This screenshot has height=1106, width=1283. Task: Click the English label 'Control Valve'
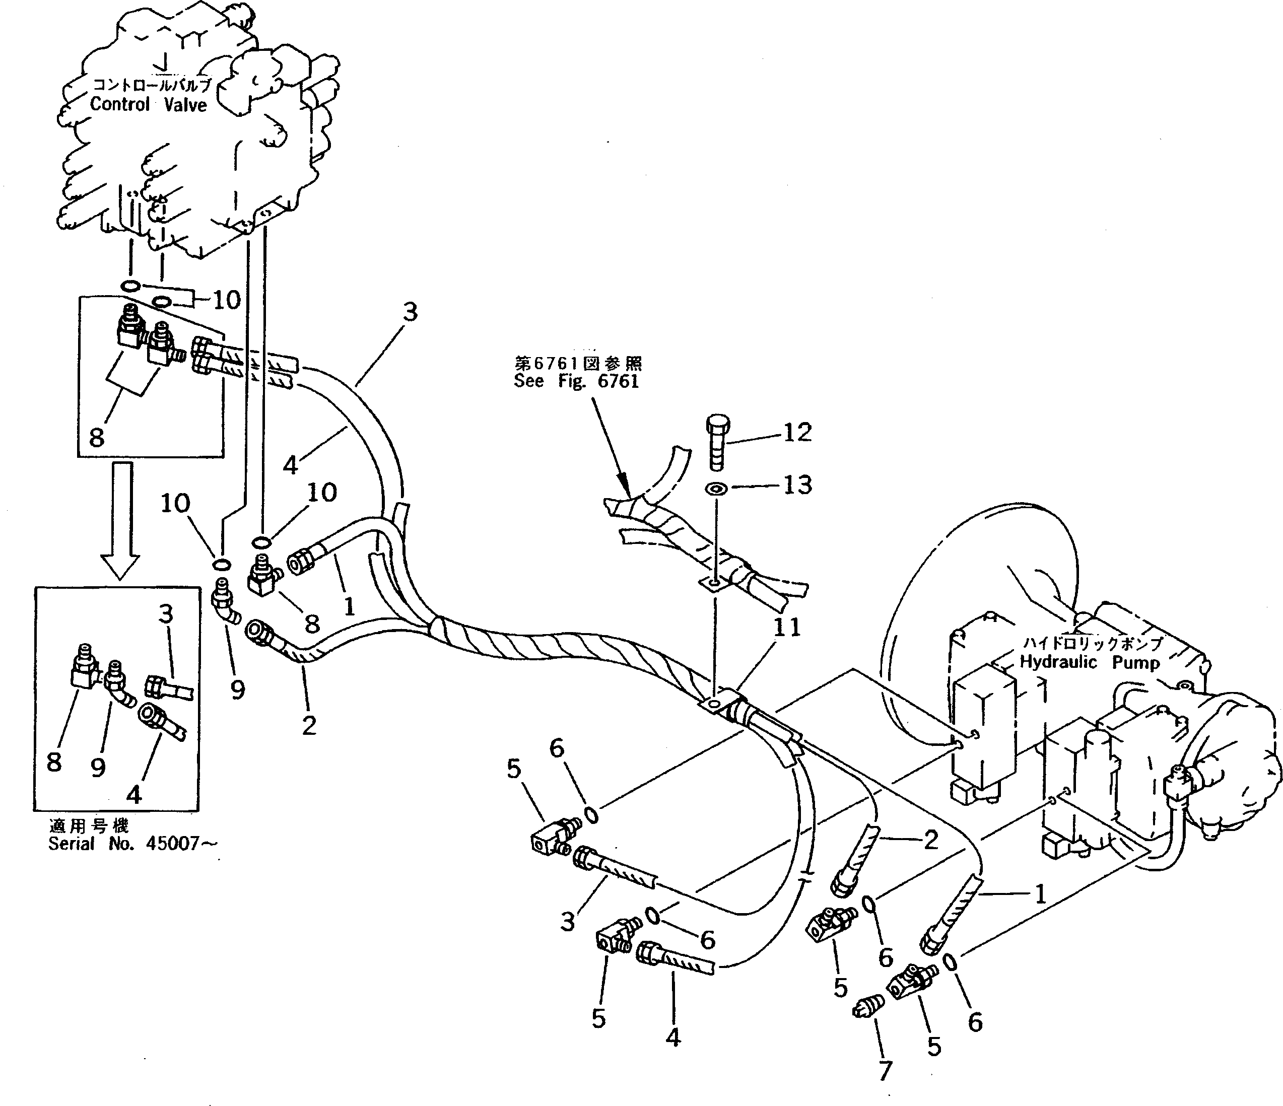click(149, 104)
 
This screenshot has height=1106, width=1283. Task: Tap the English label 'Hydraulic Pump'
click(1089, 663)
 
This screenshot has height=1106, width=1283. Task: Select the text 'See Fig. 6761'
click(576, 381)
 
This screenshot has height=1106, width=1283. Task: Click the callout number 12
click(797, 432)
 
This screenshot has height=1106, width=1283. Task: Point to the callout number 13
click(797, 485)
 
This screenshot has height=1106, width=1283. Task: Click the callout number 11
click(786, 628)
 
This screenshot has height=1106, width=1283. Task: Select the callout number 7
click(885, 1070)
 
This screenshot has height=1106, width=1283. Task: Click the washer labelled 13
click(717, 489)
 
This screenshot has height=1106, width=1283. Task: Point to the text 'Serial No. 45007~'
click(133, 844)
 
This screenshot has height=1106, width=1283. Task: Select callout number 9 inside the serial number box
click(98, 768)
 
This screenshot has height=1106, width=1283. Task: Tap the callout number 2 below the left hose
click(309, 725)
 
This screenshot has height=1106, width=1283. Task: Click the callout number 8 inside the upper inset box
click(96, 437)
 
